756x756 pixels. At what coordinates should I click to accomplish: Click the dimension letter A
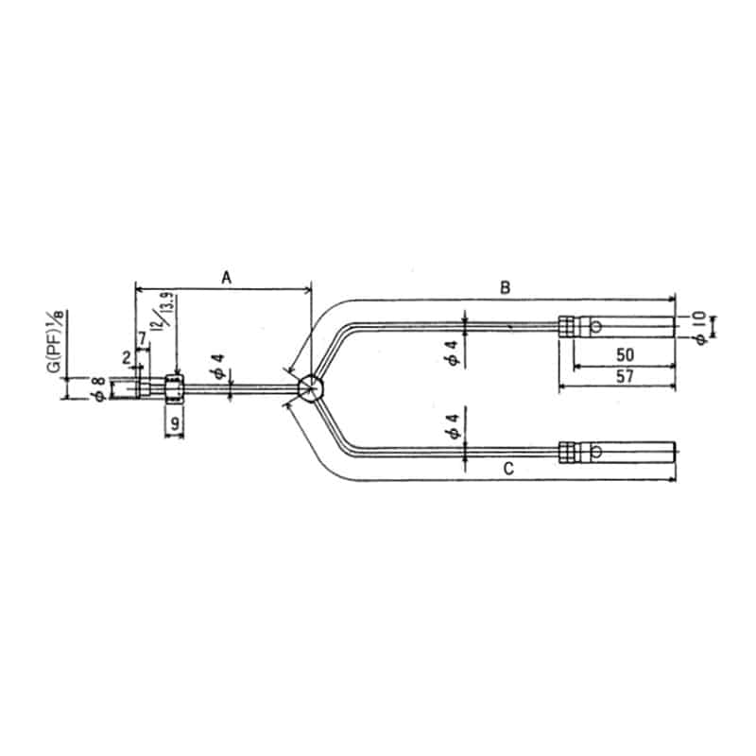pyautogui.click(x=226, y=277)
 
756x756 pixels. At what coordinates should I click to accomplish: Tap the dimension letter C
pyautogui.click(x=507, y=469)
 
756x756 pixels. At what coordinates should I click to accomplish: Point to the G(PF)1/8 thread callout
pyautogui.click(x=55, y=339)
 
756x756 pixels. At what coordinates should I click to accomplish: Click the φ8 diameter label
pyautogui.click(x=97, y=388)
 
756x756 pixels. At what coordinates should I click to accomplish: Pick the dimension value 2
pyautogui.click(x=126, y=357)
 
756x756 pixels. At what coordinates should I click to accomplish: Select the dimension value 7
pyautogui.click(x=142, y=338)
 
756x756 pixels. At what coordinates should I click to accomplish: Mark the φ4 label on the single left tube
pyautogui.click(x=218, y=367)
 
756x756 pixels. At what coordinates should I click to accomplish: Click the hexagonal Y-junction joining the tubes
pyautogui.click(x=310, y=387)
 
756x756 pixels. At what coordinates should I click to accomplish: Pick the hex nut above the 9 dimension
pyautogui.click(x=174, y=387)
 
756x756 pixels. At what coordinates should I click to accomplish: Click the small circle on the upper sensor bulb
pyautogui.click(x=596, y=327)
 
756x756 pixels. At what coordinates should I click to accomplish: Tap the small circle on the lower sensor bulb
pyautogui.click(x=596, y=453)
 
